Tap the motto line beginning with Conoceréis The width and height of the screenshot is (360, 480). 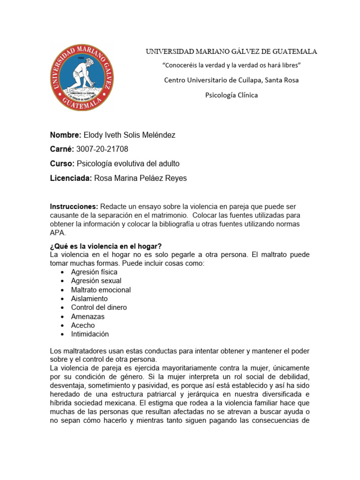tap(231, 65)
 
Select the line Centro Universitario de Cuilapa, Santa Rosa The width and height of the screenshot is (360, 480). tap(231, 80)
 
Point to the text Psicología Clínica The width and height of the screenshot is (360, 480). tap(232, 95)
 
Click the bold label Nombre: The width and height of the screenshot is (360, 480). tap(66, 135)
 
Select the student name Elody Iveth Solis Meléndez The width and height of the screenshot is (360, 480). tap(129, 135)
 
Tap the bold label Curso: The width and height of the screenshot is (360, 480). tap(62, 164)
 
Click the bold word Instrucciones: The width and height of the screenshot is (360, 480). tap(74, 206)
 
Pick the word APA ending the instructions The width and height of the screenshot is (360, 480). tap(58, 232)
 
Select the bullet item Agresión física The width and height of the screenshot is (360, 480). tap(94, 272)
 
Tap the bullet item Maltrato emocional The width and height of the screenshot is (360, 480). tap(101, 290)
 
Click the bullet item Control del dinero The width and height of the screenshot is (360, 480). tap(99, 307)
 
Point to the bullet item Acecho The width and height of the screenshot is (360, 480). tap(83, 325)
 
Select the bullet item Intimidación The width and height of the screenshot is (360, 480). tap(90, 334)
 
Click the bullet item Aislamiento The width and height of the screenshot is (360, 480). tap(90, 299)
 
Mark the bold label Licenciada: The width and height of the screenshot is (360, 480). tap(71, 178)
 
